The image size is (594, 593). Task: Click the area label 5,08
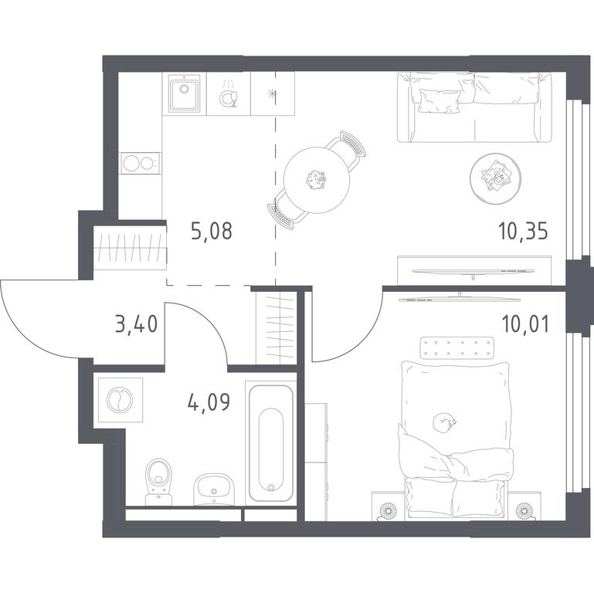[x=212, y=231]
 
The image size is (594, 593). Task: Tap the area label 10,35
[x=524, y=231]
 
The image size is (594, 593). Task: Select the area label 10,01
[x=525, y=324]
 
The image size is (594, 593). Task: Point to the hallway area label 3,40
[x=137, y=324]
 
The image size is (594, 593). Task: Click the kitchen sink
[x=185, y=93]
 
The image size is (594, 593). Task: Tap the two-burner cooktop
[x=139, y=164]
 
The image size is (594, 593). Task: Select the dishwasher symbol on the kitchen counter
[x=229, y=95]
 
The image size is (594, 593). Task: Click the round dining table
[x=317, y=179]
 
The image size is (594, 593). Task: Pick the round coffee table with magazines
[x=495, y=178]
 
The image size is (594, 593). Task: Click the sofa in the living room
[x=475, y=107]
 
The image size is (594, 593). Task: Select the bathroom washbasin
[x=214, y=490]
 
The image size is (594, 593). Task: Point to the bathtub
[x=271, y=443]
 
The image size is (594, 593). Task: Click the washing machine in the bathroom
[x=120, y=400]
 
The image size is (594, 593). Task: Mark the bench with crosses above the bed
[x=457, y=347]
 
